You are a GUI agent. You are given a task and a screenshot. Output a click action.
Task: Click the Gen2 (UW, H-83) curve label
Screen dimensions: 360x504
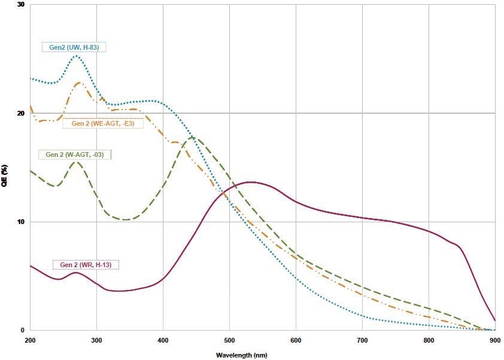(74, 47)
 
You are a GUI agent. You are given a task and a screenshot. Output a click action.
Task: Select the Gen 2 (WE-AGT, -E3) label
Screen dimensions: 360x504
(103, 123)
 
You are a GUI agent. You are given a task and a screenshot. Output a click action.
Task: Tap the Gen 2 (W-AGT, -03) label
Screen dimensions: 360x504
(75, 155)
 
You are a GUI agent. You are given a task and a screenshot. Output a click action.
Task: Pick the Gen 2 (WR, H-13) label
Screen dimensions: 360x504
(86, 264)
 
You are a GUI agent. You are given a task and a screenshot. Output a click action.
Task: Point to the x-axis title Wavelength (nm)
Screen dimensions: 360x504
(242, 355)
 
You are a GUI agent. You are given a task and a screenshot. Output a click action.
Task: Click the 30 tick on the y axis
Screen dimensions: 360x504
(21, 5)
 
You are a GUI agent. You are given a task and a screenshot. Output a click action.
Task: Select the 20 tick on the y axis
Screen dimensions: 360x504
(21, 113)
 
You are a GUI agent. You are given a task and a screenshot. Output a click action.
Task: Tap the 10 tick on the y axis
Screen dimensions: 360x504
(21, 222)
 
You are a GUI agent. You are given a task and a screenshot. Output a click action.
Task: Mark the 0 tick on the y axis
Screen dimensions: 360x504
(23, 330)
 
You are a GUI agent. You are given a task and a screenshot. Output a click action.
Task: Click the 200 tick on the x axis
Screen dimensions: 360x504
(31, 340)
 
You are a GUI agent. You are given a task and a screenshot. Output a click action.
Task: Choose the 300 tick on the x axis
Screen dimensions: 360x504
(97, 340)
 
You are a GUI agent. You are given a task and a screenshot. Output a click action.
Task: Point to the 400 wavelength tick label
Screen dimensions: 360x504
(163, 340)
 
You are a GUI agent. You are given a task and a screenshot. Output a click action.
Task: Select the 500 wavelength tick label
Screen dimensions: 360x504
(230, 340)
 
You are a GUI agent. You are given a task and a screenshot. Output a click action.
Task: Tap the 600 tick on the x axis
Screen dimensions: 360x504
(296, 340)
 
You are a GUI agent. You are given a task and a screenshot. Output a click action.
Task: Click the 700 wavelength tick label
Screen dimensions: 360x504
(363, 340)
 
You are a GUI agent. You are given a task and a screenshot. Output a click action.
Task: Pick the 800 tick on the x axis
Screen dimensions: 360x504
(429, 340)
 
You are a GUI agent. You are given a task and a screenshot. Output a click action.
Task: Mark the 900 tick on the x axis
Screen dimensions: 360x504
(495, 340)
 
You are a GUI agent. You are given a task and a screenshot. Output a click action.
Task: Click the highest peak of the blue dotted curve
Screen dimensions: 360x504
(77, 56)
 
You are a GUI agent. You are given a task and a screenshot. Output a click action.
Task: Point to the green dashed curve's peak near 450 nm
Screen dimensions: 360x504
(193, 137)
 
